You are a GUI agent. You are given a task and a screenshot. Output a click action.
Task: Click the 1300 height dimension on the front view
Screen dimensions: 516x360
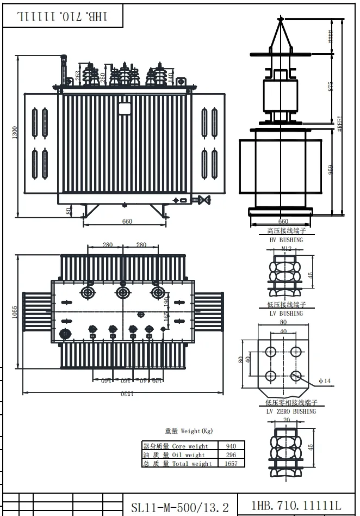coord(15,132)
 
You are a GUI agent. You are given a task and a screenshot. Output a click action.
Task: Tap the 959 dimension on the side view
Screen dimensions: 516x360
coord(330,170)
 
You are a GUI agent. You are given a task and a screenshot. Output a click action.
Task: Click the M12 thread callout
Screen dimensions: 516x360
coord(286,249)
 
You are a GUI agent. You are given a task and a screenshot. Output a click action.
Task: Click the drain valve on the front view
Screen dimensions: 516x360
coord(204,200)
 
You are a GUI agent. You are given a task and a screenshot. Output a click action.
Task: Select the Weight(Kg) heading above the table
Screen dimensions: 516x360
coord(189,431)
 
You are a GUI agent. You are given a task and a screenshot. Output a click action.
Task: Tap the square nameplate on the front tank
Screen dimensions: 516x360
coord(125,108)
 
